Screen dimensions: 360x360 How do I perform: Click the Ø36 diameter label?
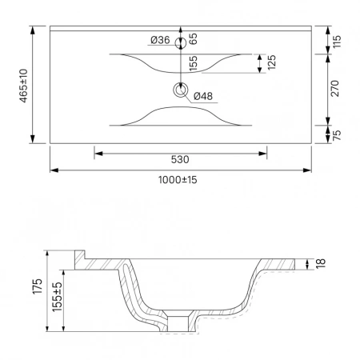tap(160, 40)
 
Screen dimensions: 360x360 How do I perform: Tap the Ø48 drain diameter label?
tap(203, 96)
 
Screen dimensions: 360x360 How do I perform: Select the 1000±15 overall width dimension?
tap(178, 180)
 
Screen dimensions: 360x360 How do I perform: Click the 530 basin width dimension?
tap(180, 159)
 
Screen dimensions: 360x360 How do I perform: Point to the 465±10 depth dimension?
tap(23, 86)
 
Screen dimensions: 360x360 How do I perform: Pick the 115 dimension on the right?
tap(337, 42)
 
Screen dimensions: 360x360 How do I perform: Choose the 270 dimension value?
tap(334, 88)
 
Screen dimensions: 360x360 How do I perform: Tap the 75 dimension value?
tap(337, 135)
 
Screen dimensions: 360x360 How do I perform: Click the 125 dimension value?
tap(271, 62)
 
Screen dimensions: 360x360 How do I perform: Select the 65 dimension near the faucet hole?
tap(194, 39)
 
